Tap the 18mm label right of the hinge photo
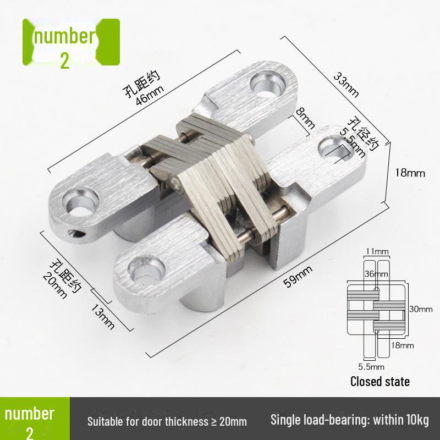(x=410, y=173)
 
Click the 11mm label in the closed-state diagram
(x=377, y=251)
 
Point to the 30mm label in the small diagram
(x=421, y=309)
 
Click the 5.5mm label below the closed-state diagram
(x=372, y=366)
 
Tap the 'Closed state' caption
(x=380, y=381)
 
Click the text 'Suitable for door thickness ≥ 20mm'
(x=167, y=422)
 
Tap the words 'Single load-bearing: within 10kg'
(x=349, y=421)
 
